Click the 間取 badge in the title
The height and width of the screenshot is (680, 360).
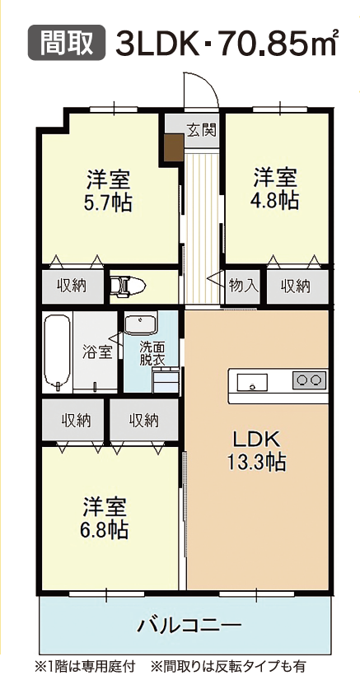click(67, 42)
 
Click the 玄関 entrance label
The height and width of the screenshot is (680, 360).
click(202, 129)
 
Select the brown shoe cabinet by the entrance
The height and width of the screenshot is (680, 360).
click(175, 147)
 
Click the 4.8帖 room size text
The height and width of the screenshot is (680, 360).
click(275, 201)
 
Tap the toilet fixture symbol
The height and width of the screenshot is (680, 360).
click(128, 286)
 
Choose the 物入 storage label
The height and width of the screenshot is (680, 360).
click(243, 286)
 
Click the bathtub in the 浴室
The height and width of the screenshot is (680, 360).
click(57, 351)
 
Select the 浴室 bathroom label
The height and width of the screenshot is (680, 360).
click(97, 352)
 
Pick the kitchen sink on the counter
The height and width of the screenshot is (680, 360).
click(252, 383)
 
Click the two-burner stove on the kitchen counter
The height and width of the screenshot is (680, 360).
click(309, 380)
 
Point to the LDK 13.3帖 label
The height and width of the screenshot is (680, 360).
click(257, 451)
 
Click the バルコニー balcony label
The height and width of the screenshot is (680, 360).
click(189, 625)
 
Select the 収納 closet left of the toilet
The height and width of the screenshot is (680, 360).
click(72, 286)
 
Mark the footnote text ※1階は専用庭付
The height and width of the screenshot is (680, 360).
click(85, 665)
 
